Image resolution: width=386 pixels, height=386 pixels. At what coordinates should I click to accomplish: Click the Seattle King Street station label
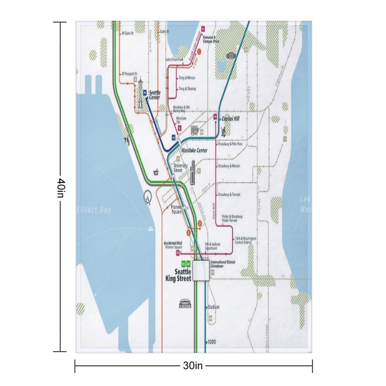click(x=183, y=275)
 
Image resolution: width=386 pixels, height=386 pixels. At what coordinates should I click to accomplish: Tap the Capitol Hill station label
click(x=230, y=119)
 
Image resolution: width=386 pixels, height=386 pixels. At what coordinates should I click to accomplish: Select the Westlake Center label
click(x=194, y=150)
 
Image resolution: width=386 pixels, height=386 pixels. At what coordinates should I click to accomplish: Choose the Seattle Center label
click(x=155, y=95)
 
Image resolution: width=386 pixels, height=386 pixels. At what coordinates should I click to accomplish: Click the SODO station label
click(x=212, y=342)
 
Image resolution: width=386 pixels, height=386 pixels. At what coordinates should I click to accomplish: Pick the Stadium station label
click(x=213, y=307)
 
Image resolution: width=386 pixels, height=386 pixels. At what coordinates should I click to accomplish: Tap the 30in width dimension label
click(x=193, y=365)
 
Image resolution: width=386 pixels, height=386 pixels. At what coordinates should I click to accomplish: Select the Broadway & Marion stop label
click(x=229, y=166)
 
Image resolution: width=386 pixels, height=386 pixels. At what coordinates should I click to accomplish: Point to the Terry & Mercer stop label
click(x=187, y=78)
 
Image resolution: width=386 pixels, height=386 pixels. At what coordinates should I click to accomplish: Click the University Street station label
click(x=181, y=168)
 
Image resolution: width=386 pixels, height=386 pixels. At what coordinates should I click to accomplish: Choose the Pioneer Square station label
click(x=176, y=209)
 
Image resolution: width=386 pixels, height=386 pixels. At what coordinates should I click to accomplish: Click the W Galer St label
click(x=128, y=34)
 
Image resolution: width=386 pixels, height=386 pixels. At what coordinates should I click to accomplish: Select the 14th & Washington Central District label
click(x=245, y=240)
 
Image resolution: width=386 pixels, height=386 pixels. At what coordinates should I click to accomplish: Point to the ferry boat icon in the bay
click(x=150, y=229)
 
